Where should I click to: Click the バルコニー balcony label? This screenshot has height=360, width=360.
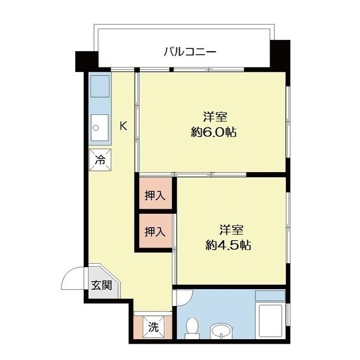[x=190, y=52]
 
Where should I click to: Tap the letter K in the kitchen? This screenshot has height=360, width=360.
[x=124, y=126]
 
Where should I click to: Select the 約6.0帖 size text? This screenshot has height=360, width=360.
[x=214, y=132]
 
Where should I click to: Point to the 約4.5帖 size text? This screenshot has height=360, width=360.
[x=228, y=245]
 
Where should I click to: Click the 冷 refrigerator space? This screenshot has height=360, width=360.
[x=100, y=160]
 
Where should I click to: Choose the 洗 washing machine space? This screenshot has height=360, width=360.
[x=154, y=327]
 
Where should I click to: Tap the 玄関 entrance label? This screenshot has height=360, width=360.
[x=101, y=285]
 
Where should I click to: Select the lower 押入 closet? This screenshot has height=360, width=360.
[x=155, y=231]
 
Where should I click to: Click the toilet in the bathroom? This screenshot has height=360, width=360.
[x=192, y=328]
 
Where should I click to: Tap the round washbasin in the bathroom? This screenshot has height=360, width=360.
[x=221, y=331]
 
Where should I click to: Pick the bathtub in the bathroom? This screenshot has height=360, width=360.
[x=270, y=321]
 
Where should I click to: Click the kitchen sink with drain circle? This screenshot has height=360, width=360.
[x=100, y=128]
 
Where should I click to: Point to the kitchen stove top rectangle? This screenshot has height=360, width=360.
[x=100, y=86]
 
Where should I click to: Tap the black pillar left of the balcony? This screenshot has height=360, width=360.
[x=87, y=61]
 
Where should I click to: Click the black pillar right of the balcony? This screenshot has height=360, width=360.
[x=280, y=54]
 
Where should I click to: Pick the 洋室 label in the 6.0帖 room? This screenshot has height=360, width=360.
[x=215, y=117]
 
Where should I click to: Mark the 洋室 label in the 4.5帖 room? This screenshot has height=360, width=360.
[x=231, y=230]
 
